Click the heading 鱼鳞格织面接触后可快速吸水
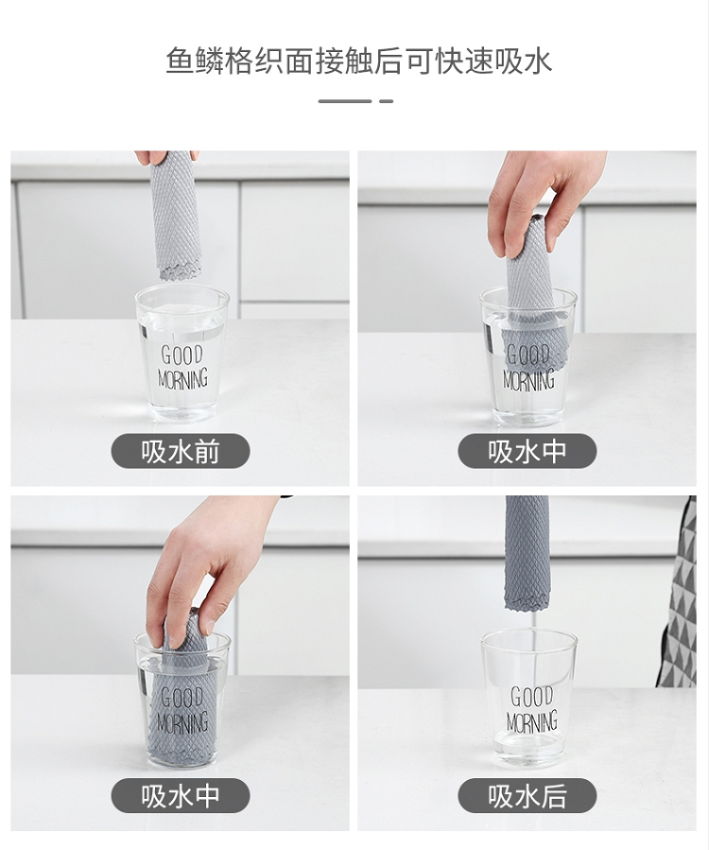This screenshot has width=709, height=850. [358, 61]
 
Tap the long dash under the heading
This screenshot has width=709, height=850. [345, 101]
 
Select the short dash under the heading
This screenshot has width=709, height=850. [386, 101]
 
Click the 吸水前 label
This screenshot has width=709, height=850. [181, 451]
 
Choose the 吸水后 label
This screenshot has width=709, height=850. [527, 796]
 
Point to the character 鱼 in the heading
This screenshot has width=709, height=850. [180, 61]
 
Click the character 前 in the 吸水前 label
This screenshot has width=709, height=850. [206, 452]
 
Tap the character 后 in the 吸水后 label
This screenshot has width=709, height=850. [553, 796]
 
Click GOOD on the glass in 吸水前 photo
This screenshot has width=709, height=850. [182, 356]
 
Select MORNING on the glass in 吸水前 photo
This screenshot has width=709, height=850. [182, 378]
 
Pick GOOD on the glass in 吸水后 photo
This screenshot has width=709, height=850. [531, 697]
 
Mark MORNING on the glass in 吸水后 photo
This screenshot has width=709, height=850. [532, 722]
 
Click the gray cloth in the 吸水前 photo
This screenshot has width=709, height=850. [175, 216]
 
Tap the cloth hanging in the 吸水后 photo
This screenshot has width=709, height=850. [527, 552]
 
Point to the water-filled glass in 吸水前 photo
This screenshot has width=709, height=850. [182, 355]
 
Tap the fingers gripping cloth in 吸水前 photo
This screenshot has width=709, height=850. [165, 157]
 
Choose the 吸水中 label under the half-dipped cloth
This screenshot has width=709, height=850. [527, 451]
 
